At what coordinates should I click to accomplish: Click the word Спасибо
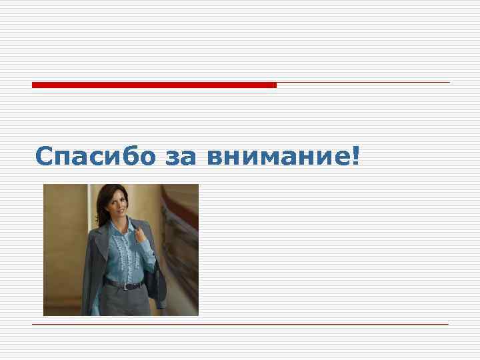(96, 156)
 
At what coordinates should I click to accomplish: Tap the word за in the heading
(181, 157)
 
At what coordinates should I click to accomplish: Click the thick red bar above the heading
(153, 85)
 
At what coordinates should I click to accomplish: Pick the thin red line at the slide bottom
(240, 324)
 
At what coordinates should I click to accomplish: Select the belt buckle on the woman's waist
(126, 285)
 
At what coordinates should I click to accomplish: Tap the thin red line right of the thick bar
(363, 83)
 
